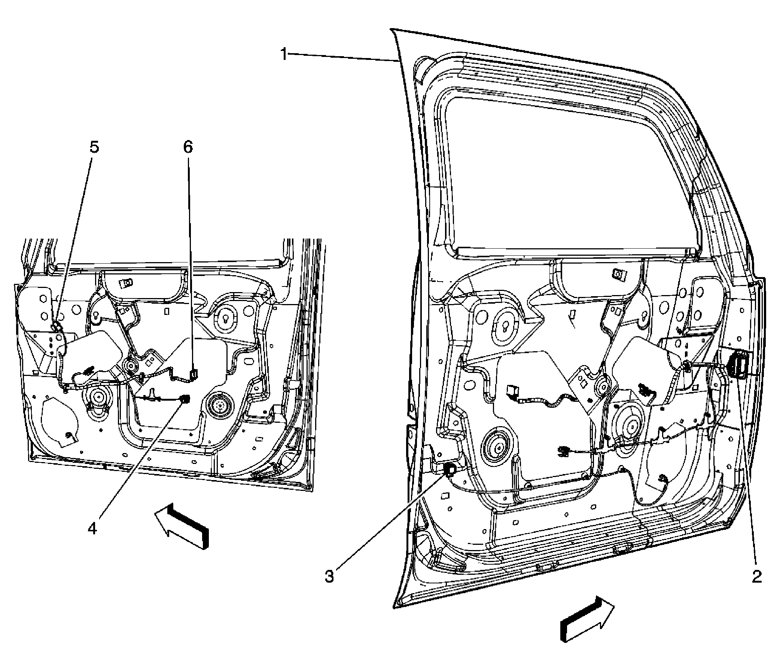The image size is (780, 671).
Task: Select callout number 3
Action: pyautogui.click(x=329, y=577)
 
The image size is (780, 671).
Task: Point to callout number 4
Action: pyautogui.click(x=92, y=528)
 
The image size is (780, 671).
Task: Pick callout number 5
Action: pyautogui.click(x=94, y=147)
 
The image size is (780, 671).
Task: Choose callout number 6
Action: pyautogui.click(x=188, y=147)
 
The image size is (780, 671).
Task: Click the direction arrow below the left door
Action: pyautogui.click(x=182, y=525)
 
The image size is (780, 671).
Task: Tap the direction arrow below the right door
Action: pyautogui.click(x=587, y=619)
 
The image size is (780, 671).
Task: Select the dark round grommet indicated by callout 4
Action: pyautogui.click(x=185, y=399)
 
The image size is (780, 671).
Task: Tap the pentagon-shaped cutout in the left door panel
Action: pyautogui.click(x=60, y=422)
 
